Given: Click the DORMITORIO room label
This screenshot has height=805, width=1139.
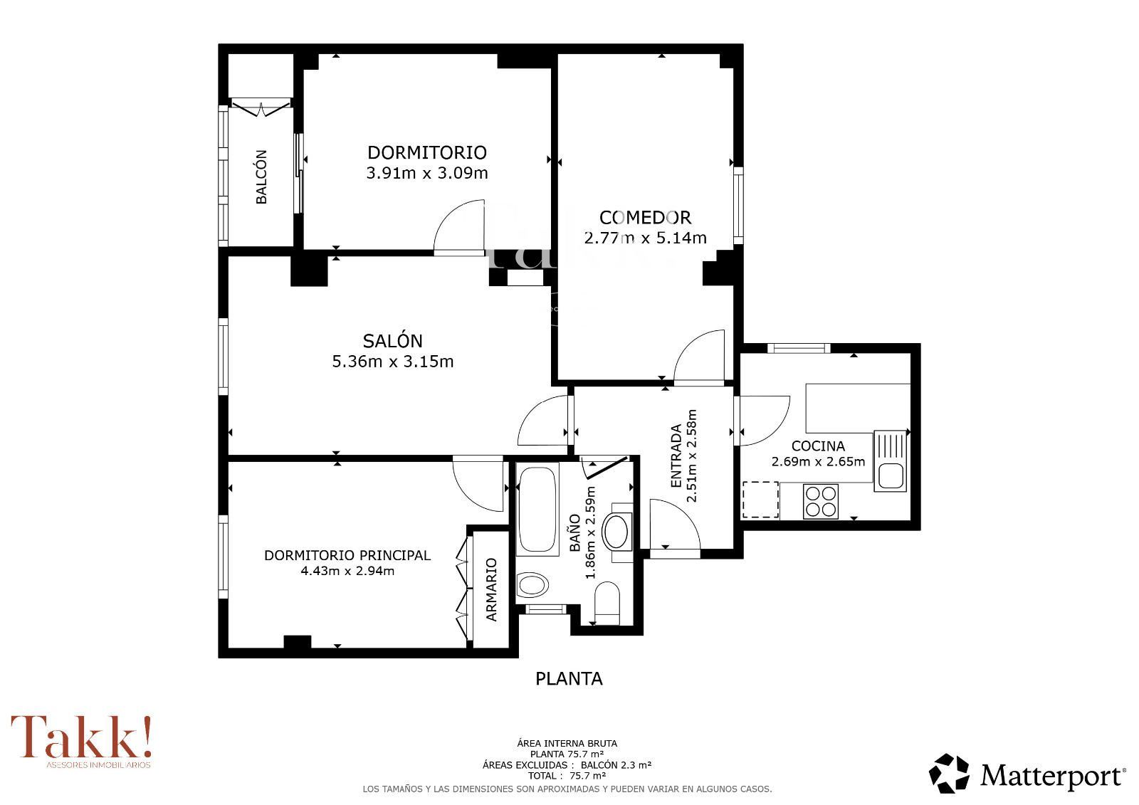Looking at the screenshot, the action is (427, 152).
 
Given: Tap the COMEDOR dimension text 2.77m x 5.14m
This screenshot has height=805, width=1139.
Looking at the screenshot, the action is (645, 238).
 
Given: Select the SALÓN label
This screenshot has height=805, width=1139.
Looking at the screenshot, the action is (392, 340).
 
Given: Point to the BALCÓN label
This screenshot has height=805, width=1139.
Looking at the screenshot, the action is (261, 177).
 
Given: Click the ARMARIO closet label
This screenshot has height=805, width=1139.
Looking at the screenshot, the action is (492, 590).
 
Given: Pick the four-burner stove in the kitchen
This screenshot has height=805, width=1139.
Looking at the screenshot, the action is (821, 501).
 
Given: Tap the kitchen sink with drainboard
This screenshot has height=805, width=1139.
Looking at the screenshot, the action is (891, 461).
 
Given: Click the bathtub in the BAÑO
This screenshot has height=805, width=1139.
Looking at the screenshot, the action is (537, 509).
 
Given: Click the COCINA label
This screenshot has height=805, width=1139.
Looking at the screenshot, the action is (818, 446).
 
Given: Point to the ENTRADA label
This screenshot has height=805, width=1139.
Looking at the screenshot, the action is (676, 456).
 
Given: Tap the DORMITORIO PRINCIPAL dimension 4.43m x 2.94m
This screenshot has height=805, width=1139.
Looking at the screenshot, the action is (347, 571).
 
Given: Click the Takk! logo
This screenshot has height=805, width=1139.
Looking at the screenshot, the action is (81, 741).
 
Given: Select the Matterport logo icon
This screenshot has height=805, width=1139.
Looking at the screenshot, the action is (949, 774).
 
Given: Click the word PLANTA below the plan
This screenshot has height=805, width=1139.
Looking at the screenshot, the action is (569, 679).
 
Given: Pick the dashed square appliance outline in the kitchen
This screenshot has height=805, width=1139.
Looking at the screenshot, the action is (761, 500).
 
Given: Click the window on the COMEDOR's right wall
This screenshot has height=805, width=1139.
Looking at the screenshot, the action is (738, 206).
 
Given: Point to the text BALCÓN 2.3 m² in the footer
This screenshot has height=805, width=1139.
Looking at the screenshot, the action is (616, 765).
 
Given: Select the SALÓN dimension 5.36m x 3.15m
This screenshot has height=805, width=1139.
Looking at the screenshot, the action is (392, 362).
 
